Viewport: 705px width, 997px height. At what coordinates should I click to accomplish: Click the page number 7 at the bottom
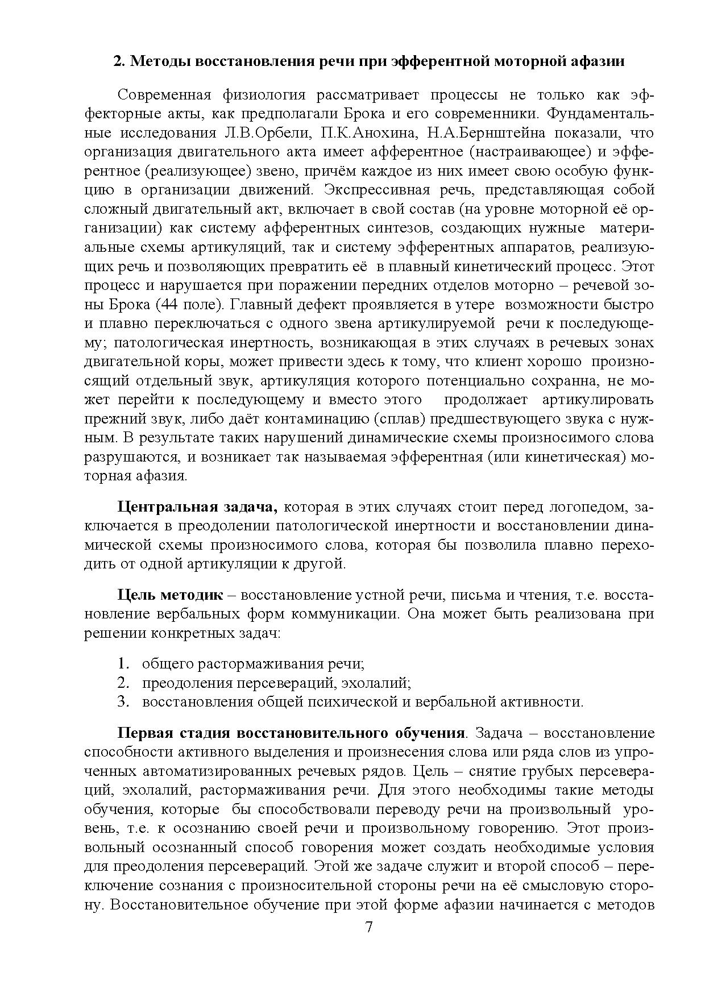(x=368, y=927)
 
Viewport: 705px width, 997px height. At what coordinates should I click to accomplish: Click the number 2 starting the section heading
(x=118, y=61)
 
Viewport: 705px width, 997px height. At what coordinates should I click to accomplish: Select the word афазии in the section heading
(x=601, y=61)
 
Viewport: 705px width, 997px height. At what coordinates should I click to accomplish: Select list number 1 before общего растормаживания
(x=123, y=663)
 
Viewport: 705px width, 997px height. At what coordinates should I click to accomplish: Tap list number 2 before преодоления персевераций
(x=123, y=683)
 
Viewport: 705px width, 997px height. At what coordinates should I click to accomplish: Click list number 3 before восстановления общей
(x=123, y=702)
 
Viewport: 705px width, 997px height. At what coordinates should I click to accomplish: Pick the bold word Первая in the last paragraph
(x=143, y=733)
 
